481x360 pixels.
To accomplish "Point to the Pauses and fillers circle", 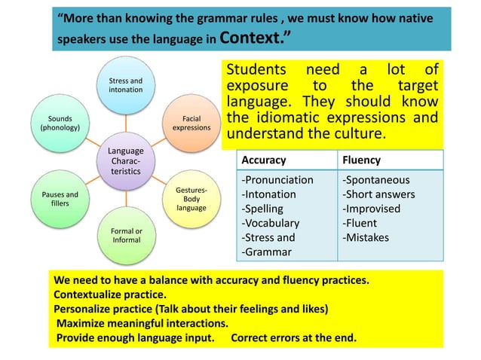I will [x=60, y=199].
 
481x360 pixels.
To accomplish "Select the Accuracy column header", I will [x=262, y=160].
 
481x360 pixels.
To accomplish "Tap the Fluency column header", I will [x=361, y=160].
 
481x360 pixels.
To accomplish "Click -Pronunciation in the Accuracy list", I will [x=277, y=180].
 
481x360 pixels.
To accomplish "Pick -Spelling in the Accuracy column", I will [x=262, y=209].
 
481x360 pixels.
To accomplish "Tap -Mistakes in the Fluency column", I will [x=367, y=238].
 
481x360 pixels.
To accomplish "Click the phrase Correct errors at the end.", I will [x=293, y=337].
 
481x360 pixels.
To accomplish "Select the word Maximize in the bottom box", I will [x=82, y=323].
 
